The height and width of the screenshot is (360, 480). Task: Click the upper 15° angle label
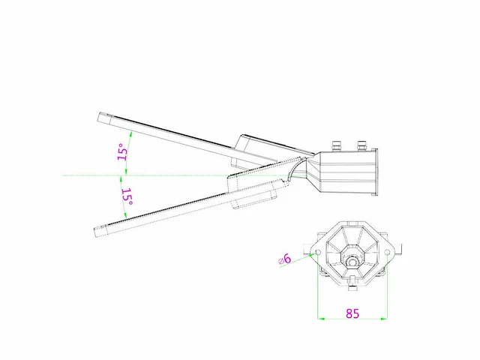pyautogui.click(x=122, y=153)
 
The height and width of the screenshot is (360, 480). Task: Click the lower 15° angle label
pyautogui.click(x=127, y=197)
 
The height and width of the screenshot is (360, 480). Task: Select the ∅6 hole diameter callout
pyautogui.click(x=285, y=259)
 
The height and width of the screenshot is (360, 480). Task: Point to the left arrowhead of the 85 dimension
pyautogui.click(x=322, y=319)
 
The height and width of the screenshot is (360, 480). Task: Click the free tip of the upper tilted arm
pyautogui.click(x=103, y=116)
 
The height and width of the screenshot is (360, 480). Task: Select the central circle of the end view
pyautogui.click(x=352, y=262)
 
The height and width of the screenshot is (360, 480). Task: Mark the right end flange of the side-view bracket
pyautogui.click(x=376, y=172)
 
